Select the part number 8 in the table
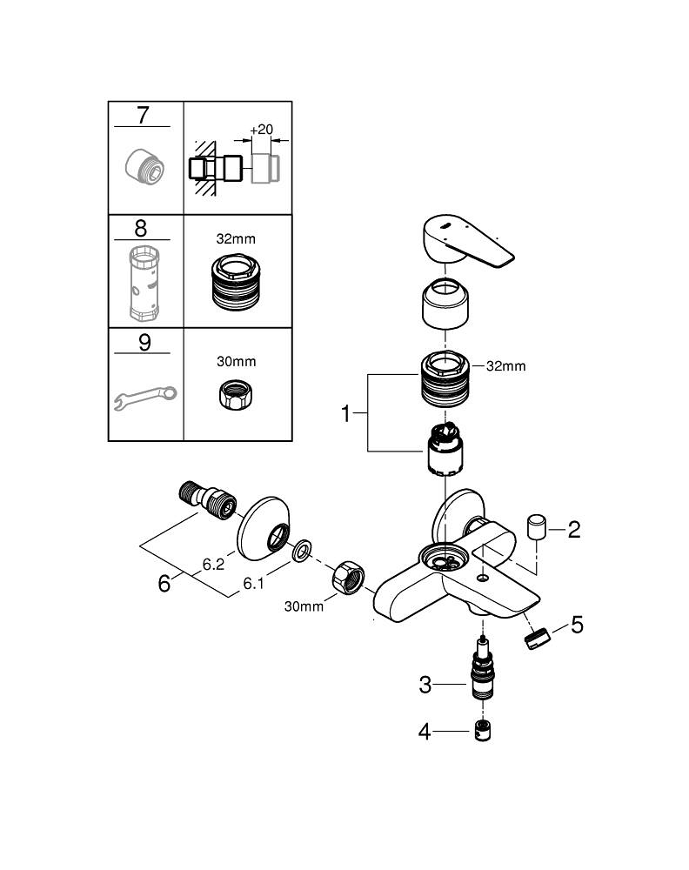[x=140, y=229]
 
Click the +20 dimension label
[x=260, y=130]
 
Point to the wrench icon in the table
[x=144, y=397]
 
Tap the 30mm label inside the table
[x=237, y=360]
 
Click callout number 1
[x=345, y=414]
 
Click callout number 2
[x=573, y=528]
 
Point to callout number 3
[x=425, y=685]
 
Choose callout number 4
[x=425, y=732]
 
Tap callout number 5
[x=577, y=625]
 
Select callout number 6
[x=164, y=583]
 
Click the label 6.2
[x=214, y=564]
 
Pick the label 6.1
[x=253, y=584]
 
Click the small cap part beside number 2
[x=536, y=527]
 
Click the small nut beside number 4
[x=483, y=731]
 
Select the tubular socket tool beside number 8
[x=145, y=284]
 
